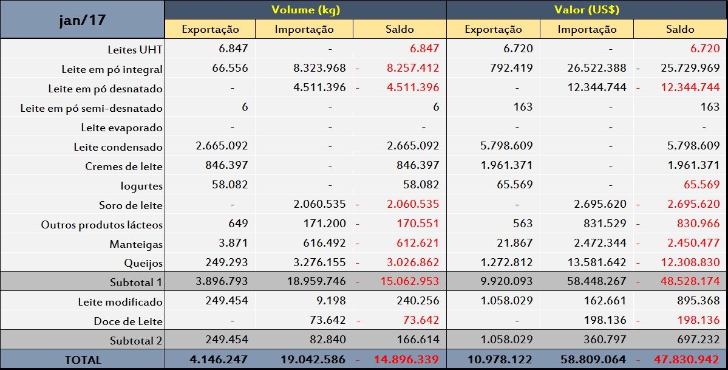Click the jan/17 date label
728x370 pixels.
pos(82,20)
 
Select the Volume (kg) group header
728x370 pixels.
pos(305,10)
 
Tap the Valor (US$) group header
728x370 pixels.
pos(587,10)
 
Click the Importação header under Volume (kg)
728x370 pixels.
pos(304,29)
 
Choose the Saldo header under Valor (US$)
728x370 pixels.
pos(680,29)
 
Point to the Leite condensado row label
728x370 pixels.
pos(118,147)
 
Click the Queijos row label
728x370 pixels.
pos(143,264)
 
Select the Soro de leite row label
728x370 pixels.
pos(131,205)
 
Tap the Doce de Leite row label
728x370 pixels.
pos(128,321)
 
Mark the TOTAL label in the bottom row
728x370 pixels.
pos(83,360)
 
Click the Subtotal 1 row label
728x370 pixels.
pos(136,283)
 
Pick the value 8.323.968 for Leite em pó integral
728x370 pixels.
pos(319,68)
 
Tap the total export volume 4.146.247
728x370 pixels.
pos(219,360)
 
